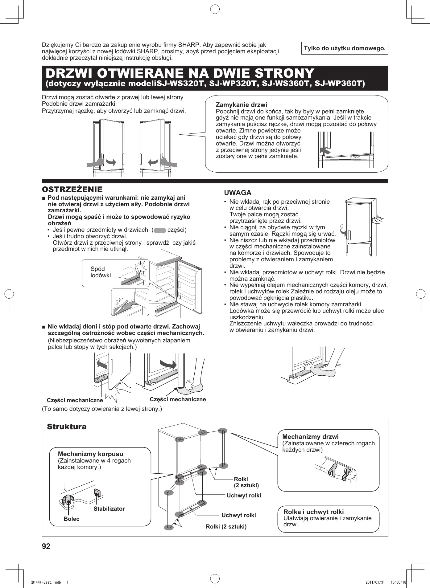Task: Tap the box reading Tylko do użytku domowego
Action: [345, 48]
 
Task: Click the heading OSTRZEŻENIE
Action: [72, 189]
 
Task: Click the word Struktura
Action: [67, 427]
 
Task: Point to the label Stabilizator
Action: [109, 508]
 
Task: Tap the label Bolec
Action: [72, 519]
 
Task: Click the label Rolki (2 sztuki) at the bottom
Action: [226, 526]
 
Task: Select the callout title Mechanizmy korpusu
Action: [90, 454]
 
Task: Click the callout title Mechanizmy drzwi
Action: [310, 437]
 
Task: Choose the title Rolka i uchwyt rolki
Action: [313, 512]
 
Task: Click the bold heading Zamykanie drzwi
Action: [241, 105]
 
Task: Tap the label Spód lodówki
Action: [101, 272]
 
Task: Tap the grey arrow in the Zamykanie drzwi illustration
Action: [325, 151]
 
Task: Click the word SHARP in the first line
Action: [189, 45]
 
